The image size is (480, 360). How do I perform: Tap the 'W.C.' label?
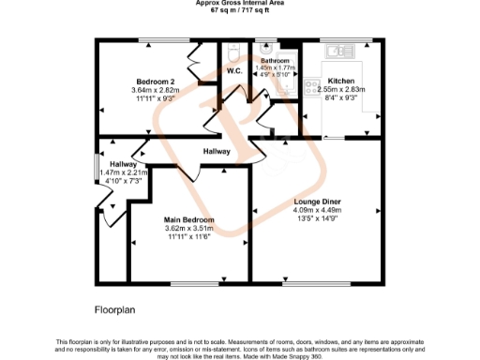click(x=234, y=70)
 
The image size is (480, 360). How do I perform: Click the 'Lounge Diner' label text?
click(x=315, y=201)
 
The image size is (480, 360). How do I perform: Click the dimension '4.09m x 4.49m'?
click(x=315, y=210)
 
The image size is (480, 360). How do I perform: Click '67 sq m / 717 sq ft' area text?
click(x=239, y=11)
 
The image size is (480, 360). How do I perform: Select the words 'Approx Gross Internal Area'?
click(x=239, y=4)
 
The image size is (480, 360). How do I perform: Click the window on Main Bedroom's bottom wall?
click(x=197, y=284)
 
